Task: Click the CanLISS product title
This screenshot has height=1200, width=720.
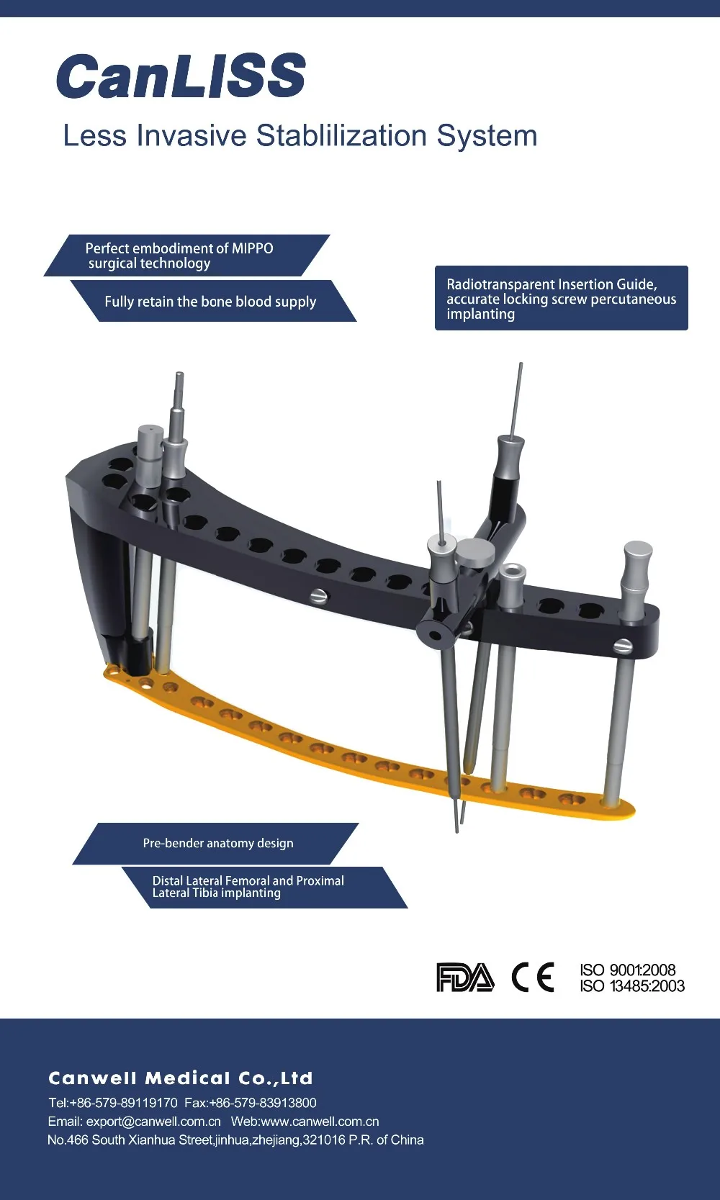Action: [x=181, y=76]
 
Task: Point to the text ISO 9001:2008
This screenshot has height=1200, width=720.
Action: [x=627, y=970]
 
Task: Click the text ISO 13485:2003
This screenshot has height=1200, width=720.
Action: [x=632, y=985]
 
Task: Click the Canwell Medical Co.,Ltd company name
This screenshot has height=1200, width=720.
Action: [x=181, y=1078]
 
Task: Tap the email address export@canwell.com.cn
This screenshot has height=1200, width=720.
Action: [x=153, y=1122]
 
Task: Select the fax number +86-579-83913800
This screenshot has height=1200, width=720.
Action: [x=263, y=1103]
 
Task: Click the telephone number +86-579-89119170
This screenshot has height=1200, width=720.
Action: [x=123, y=1103]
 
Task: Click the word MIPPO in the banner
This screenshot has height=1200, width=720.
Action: [x=252, y=248]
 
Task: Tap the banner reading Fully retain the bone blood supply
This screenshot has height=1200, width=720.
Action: [x=214, y=301]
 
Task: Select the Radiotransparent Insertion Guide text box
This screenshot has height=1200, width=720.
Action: [x=562, y=298]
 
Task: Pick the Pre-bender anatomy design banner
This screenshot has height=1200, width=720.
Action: [x=216, y=843]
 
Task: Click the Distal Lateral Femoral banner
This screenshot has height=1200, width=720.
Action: [x=265, y=887]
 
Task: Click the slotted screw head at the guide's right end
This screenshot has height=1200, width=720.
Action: [x=623, y=646]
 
